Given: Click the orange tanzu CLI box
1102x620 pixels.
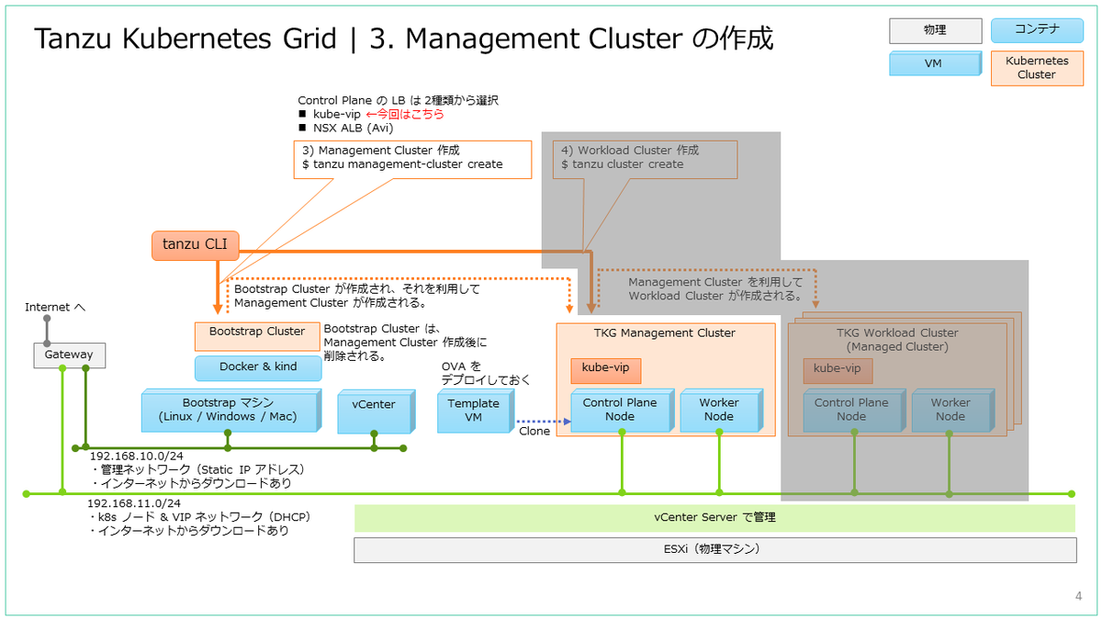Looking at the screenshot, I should click(x=195, y=245).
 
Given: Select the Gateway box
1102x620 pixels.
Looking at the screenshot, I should click(x=69, y=355).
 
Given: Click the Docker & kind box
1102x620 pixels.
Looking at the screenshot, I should click(x=258, y=367).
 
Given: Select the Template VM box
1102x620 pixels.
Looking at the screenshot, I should click(x=474, y=410).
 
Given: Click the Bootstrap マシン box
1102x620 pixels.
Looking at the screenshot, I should click(x=230, y=410).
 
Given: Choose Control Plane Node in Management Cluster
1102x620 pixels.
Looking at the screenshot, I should click(x=620, y=410).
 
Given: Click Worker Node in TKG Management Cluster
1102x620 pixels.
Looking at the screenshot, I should click(x=719, y=410).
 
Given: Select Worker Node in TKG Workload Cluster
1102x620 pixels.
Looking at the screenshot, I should click(x=950, y=410).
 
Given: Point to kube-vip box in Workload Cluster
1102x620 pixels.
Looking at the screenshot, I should click(x=838, y=370).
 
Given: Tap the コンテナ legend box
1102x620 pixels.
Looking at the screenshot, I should click(x=1037, y=30).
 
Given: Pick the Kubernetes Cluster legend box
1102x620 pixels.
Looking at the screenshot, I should click(x=1037, y=67).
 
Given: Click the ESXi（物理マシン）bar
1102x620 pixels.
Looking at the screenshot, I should click(x=714, y=549).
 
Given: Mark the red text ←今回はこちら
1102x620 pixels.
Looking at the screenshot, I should click(x=405, y=114).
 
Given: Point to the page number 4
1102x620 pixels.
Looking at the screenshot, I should click(x=1078, y=596).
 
